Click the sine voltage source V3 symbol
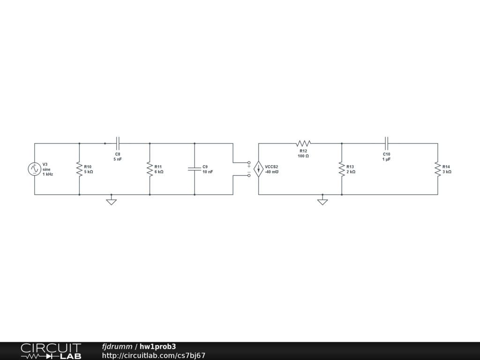click(x=34, y=169)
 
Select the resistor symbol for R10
click(x=79, y=169)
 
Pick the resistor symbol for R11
click(x=150, y=169)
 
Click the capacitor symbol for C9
click(x=194, y=169)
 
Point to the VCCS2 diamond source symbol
click(x=258, y=169)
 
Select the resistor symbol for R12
click(x=303, y=143)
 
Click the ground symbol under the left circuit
click(x=111, y=202)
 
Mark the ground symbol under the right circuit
click(x=322, y=202)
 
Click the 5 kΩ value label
click(x=89, y=172)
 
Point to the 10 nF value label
click(x=208, y=172)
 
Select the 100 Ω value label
click(x=303, y=156)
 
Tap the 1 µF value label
click(x=386, y=159)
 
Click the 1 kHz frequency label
click(x=48, y=174)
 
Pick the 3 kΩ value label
click(x=447, y=172)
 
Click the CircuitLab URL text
click(x=154, y=355)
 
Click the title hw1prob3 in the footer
click(x=158, y=347)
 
